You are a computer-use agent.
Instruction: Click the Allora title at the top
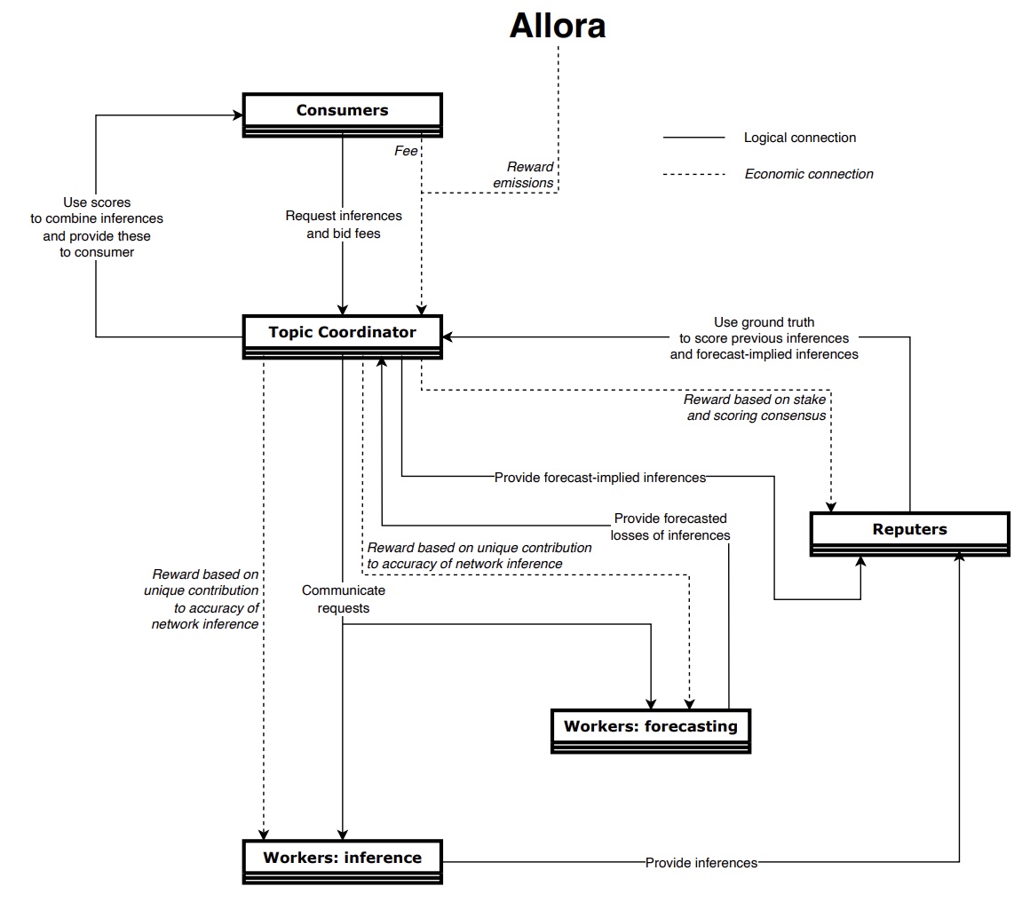557,26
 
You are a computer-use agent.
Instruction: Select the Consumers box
342,111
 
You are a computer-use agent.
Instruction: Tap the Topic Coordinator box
342,333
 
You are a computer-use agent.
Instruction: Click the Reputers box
909,530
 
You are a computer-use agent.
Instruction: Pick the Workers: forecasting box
650,727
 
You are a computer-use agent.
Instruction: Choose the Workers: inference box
342,858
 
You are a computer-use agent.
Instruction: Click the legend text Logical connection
799,138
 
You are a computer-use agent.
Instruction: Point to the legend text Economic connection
808,174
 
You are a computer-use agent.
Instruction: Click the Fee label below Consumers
406,151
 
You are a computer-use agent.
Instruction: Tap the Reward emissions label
530,175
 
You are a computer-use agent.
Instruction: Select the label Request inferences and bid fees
343,225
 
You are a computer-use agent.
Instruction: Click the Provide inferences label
701,862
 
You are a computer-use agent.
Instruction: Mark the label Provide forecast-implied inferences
599,478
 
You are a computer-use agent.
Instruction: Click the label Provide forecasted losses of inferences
670,526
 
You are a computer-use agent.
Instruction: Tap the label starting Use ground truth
764,338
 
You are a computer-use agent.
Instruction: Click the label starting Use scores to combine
97,227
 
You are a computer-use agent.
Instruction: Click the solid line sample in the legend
693,138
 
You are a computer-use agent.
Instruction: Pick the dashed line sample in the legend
693,174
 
